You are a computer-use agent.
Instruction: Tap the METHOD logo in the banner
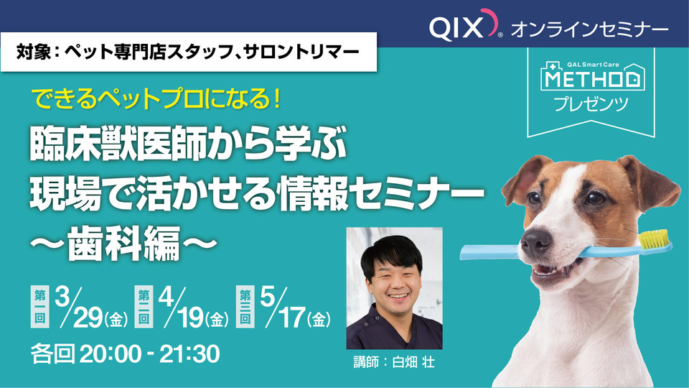[x=593, y=77]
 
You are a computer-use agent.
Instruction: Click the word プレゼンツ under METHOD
[x=591, y=105]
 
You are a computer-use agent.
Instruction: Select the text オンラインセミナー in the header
[x=589, y=29]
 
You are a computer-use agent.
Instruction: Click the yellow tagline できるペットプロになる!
[x=157, y=99]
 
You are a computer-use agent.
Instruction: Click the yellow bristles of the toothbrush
[x=654, y=238]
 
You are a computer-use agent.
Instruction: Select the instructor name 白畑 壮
[x=413, y=362]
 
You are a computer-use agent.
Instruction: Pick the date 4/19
[x=194, y=308]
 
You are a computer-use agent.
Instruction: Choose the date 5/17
[x=295, y=308]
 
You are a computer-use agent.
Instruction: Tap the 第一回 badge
[x=40, y=307]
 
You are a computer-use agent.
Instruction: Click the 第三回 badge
[x=245, y=307]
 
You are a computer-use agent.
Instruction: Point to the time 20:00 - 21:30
[x=149, y=354]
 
